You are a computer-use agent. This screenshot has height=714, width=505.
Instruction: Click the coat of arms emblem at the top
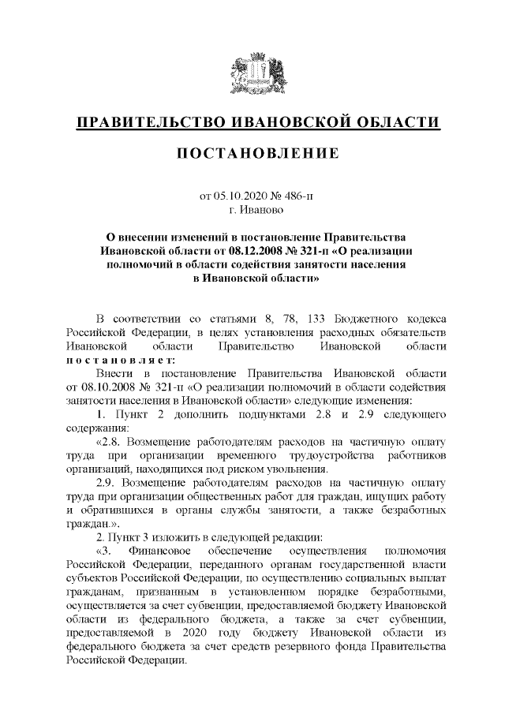pos(252,76)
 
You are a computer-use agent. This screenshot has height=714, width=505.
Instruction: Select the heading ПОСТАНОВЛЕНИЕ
pos(252,152)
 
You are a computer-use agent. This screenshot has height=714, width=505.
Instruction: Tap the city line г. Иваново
pos(252,210)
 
